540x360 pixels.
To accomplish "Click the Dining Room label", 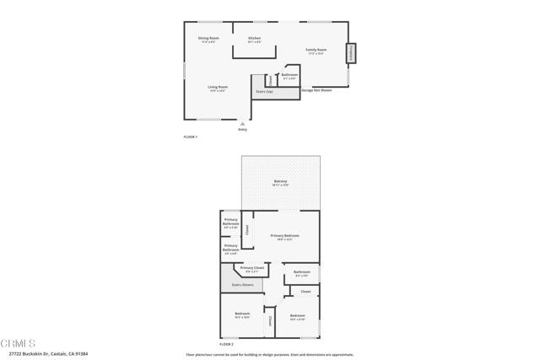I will (208, 39).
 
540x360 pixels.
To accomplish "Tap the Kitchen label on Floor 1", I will (254, 39).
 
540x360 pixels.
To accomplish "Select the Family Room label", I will (316, 51).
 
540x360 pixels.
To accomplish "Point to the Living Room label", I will (218, 88).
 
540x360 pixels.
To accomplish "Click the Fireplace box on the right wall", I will (350, 52).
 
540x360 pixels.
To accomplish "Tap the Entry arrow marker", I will (243, 123).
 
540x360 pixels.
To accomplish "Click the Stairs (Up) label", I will (264, 91).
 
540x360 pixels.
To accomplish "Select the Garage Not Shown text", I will (316, 89).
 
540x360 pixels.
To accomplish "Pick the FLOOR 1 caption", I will (190, 137).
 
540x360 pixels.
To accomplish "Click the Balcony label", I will (281, 182).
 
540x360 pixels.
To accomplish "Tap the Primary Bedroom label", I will (284, 236).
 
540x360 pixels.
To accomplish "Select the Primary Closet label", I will (252, 268).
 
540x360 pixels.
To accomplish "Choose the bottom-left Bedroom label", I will (242, 314).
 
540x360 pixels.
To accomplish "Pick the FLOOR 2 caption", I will (226, 344).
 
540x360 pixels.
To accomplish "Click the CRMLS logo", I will (19, 344).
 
